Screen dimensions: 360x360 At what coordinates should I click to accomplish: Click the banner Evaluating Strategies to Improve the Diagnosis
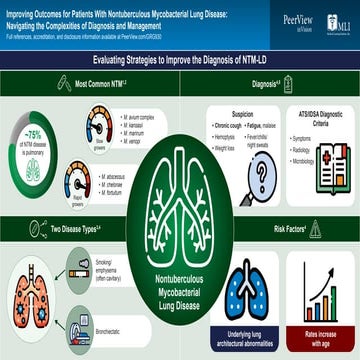180,61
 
